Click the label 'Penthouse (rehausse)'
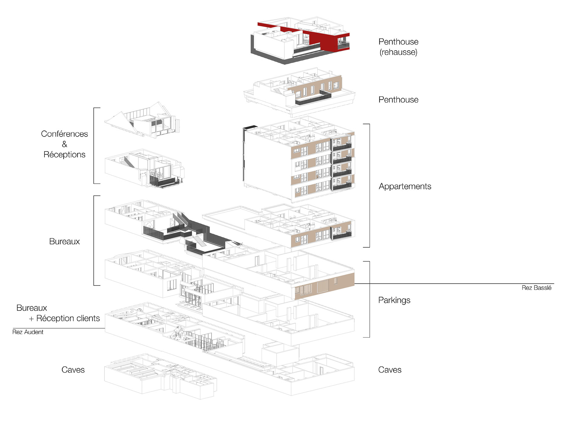click(398, 47)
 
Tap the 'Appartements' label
click(405, 186)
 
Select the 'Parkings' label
click(394, 300)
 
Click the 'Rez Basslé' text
click(536, 288)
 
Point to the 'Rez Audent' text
click(28, 332)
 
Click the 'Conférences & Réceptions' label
click(64, 144)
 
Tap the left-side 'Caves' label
click(73, 370)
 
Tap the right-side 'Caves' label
click(390, 370)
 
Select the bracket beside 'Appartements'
click(369, 185)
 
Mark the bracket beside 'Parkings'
click(369, 299)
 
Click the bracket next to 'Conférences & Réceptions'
click(94, 145)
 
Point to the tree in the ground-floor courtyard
click(178, 333)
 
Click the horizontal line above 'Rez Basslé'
click(454, 284)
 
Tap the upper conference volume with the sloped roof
click(142, 121)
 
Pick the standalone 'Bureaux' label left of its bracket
click(64, 241)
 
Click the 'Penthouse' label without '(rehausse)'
click(398, 100)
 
